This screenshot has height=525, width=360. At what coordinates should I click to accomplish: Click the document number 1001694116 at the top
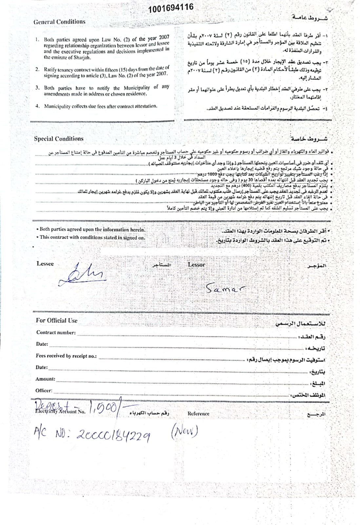170,8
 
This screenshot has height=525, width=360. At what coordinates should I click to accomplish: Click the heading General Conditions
59,22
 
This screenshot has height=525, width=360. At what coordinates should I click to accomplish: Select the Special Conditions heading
59,139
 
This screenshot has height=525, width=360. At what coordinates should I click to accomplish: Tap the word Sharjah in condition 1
81,57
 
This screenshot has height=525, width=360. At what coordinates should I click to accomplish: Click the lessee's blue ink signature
84,273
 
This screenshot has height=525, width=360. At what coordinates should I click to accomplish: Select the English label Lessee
45,264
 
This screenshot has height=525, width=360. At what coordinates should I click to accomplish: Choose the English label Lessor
196,264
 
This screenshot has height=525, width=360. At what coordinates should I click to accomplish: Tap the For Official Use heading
57,321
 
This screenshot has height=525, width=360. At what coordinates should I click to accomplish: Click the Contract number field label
56,332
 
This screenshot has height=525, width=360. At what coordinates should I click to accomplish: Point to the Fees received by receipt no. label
66,356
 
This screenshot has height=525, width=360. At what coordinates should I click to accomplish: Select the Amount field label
45,379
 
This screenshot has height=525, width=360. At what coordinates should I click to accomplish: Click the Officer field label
44,390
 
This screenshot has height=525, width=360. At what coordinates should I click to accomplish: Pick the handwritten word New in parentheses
185,431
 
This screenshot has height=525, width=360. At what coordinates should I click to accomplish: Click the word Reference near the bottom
198,414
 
